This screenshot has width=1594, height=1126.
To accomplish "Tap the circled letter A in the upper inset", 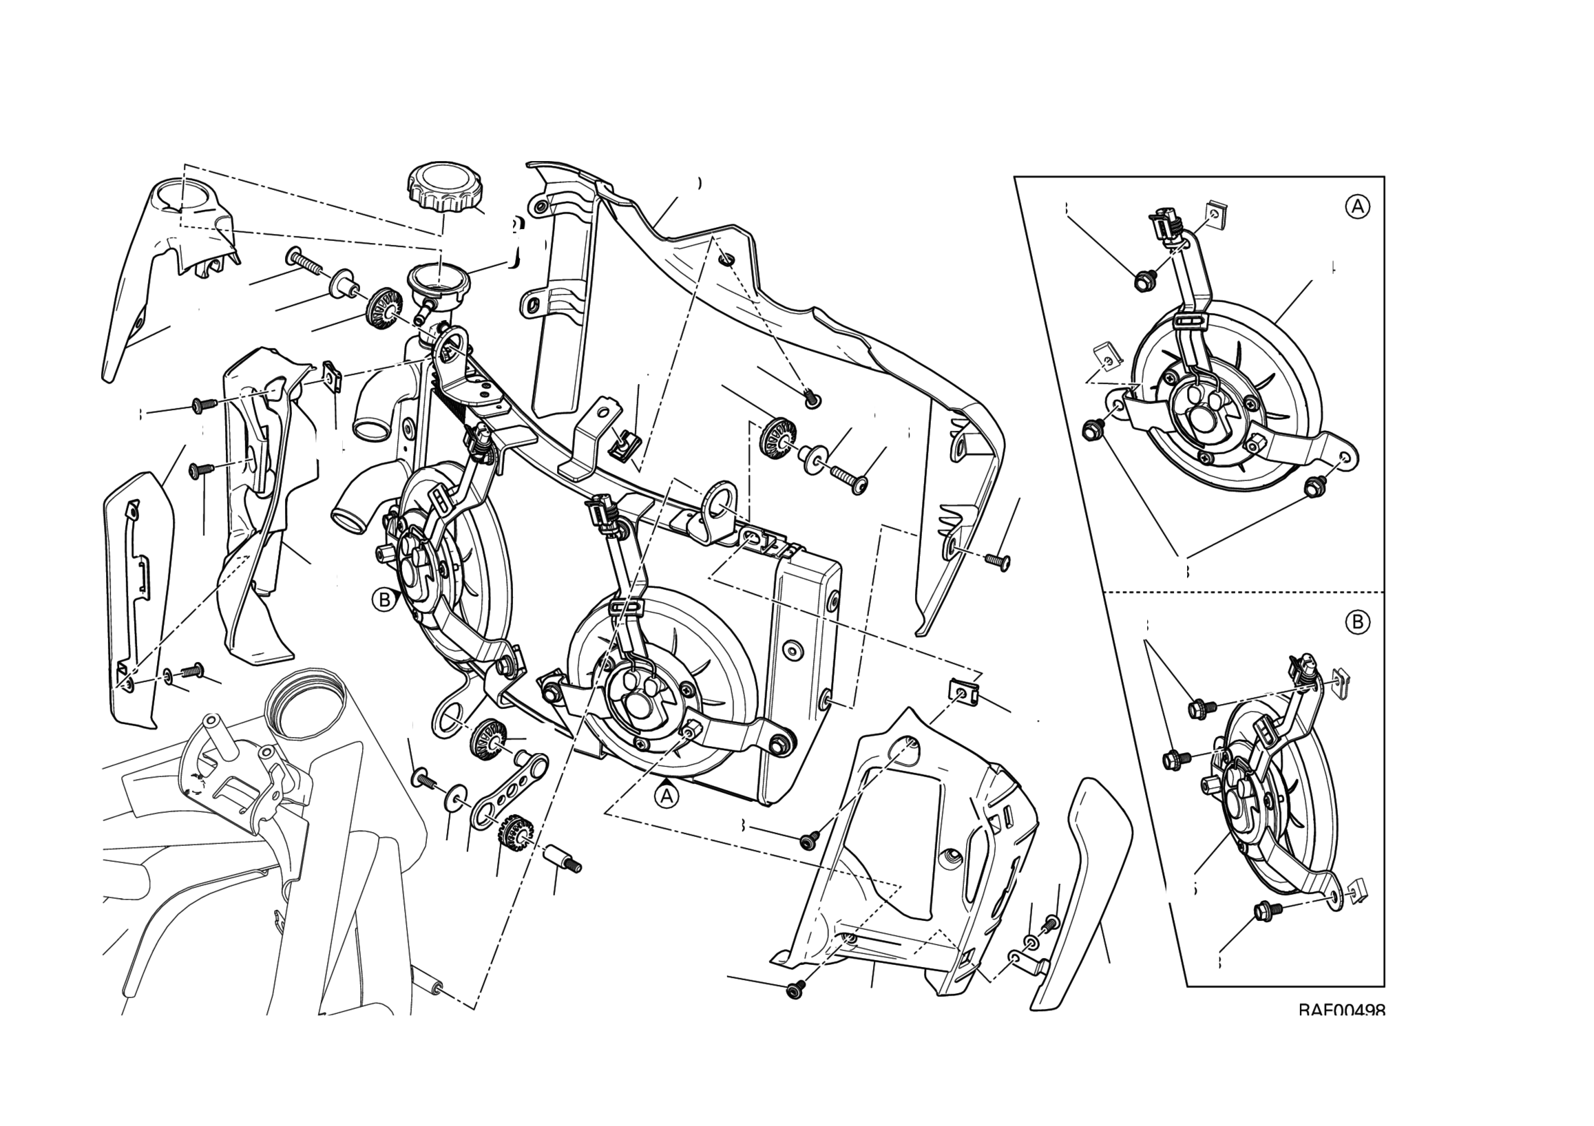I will (1357, 206).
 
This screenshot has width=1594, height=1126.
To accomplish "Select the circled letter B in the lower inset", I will (1357, 622).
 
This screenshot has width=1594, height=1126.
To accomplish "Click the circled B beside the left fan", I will (384, 599).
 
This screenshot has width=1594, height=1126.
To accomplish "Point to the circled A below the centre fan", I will (667, 796).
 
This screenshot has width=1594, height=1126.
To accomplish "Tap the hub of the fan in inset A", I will (1201, 416).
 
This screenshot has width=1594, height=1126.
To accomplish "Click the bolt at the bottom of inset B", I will (1263, 912).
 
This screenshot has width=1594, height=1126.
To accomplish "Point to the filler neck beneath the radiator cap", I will (439, 281).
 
